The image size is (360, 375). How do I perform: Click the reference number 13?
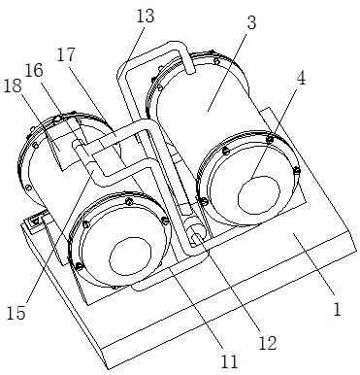pos(146,16)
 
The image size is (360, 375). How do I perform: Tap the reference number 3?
pos(251,22)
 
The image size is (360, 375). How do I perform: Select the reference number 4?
pos(301,78)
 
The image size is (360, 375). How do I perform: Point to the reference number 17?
pos(66,54)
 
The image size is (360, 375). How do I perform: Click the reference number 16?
pos(34,70)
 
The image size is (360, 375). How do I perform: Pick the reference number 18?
pos(13,85)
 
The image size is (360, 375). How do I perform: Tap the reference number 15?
pos(16,313)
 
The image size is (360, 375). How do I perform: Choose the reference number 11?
pos(229,361)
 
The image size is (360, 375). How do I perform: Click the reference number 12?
pos(268,343)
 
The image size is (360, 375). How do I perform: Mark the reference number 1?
pos(337,309)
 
